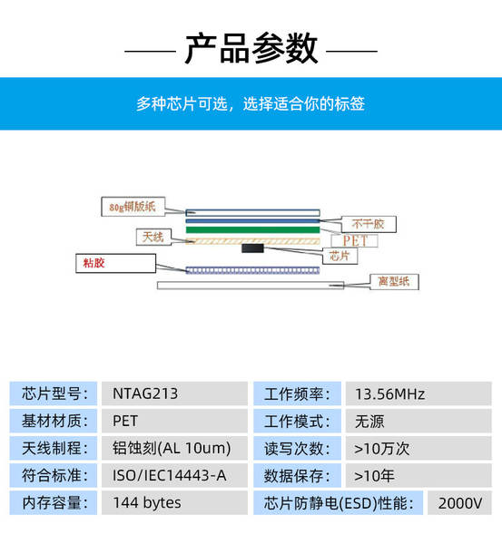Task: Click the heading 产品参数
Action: tap(251, 48)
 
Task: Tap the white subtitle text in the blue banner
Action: tap(251, 103)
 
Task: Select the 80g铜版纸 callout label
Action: tap(133, 207)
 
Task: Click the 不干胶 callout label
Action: tap(369, 224)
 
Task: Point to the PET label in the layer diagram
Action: tap(355, 241)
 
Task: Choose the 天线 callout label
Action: tap(153, 237)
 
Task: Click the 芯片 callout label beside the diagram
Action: tap(340, 256)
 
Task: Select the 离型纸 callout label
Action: tap(394, 281)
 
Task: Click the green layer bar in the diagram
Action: tap(252, 229)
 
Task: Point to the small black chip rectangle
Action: tap(252, 248)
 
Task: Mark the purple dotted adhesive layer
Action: tap(252, 270)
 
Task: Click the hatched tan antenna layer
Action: tap(252, 241)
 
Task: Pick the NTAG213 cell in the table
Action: tap(145, 393)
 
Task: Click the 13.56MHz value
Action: tap(389, 394)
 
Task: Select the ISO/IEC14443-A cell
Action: tap(170, 475)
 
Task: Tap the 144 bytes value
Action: tap(147, 502)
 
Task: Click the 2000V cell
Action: tap(460, 503)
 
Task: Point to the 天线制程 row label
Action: tap(54, 448)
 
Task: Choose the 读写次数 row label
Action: tap(297, 449)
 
